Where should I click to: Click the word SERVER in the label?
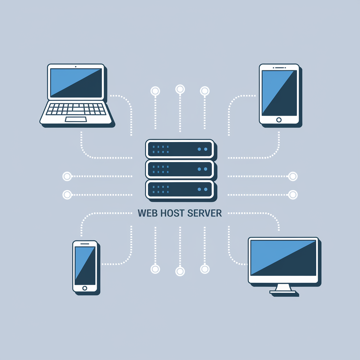205,213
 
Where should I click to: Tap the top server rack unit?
179,149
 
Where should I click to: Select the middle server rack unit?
179,169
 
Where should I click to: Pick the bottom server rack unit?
179,189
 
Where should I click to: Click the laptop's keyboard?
76,109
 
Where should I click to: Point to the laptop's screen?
76,82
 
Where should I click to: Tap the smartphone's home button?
84,288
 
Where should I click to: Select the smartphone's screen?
84,265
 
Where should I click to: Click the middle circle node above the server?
180,89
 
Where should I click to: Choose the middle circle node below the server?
180,271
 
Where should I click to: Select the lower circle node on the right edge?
292,194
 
